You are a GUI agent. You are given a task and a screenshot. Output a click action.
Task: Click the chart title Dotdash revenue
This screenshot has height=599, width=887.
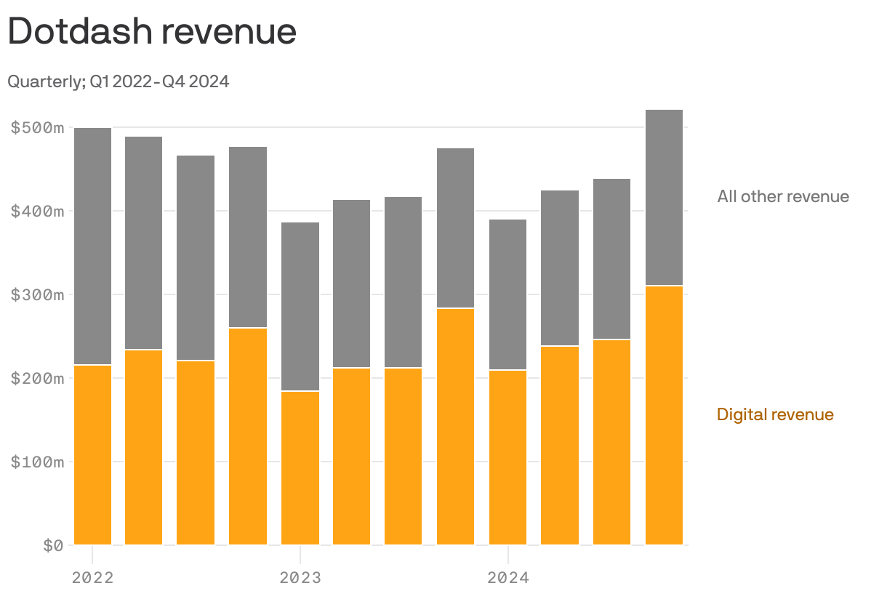(152, 32)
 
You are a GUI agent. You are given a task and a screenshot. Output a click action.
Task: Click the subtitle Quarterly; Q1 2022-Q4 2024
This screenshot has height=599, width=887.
(119, 81)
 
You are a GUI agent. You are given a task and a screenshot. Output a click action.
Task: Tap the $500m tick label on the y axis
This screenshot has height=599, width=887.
(38, 128)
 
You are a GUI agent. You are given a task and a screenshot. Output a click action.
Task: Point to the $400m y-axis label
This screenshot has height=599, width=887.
(38, 212)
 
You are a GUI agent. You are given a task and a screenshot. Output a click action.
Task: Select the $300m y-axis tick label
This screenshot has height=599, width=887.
(38, 295)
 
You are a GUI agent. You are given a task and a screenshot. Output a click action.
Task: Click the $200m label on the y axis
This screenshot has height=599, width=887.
(38, 379)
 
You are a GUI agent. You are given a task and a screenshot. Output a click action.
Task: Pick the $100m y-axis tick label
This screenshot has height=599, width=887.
(38, 462)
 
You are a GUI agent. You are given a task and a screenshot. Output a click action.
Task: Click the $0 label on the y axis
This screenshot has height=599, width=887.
(52, 546)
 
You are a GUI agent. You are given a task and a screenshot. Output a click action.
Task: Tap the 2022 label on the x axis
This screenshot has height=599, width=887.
(92, 579)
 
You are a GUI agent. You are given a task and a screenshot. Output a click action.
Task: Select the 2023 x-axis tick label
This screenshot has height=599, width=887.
(300, 579)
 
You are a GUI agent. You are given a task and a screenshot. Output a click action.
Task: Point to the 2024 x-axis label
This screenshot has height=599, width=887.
(507, 579)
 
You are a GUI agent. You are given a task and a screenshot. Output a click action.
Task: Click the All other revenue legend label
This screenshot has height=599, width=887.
(782, 196)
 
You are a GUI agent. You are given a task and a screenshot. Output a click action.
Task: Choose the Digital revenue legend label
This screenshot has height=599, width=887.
(775, 414)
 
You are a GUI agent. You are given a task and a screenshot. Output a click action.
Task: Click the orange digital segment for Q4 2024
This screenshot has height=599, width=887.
(664, 415)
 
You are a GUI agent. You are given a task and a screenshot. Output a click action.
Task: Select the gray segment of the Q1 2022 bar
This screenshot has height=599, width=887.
(92, 246)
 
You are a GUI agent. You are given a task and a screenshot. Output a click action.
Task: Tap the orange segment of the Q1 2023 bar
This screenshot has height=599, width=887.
(300, 468)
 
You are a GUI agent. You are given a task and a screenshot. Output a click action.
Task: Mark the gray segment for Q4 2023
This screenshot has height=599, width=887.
(455, 228)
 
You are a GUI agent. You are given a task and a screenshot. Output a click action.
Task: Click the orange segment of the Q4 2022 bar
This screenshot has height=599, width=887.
(248, 436)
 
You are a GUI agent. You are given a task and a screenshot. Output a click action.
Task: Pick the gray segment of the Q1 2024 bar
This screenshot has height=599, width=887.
(507, 294)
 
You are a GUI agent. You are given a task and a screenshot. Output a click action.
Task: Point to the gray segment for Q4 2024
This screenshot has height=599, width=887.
(664, 197)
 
